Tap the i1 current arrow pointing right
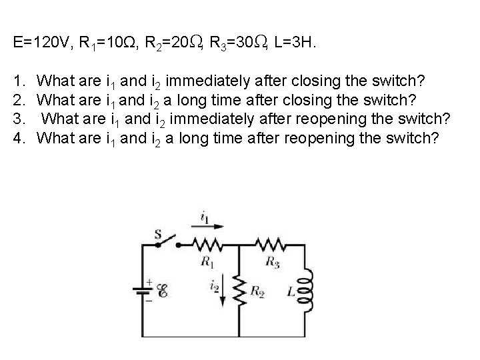[203, 227]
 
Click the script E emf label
[163, 290]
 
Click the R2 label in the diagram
[257, 291]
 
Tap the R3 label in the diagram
[273, 261]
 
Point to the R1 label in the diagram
[207, 261]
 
